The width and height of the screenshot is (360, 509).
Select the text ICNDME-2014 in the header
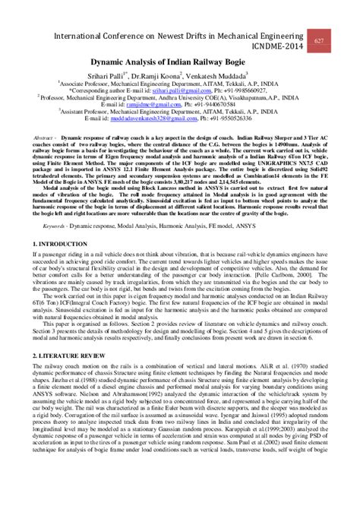pos(274,45)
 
